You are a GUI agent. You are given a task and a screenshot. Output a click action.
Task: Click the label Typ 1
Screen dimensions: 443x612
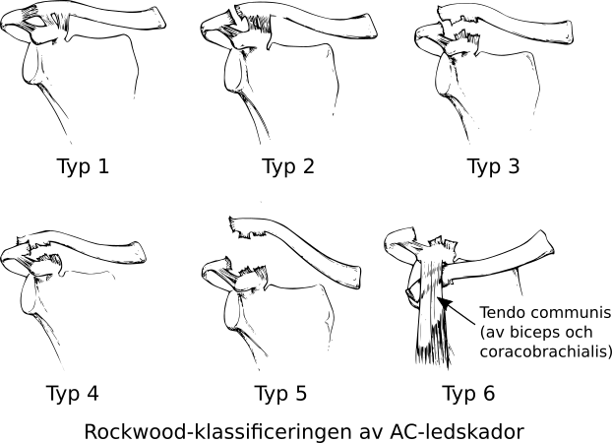[x=83, y=166]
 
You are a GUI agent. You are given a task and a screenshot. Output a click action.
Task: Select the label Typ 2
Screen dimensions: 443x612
[x=287, y=166]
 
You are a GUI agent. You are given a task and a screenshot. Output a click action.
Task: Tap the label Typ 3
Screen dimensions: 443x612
[x=492, y=166]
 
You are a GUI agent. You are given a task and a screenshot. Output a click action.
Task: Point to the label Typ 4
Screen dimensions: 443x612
[x=72, y=394]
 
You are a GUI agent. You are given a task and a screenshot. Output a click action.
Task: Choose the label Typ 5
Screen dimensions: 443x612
[x=280, y=394]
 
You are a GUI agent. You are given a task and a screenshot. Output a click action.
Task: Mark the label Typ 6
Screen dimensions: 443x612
[x=468, y=394]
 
